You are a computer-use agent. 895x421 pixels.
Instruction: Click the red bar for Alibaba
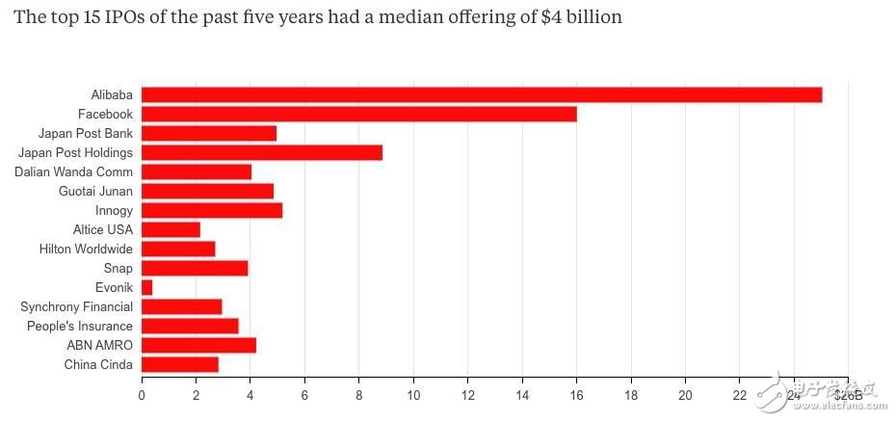482,94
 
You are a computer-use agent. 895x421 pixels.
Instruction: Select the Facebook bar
359,114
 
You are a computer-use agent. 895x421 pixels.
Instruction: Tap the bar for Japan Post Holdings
262,152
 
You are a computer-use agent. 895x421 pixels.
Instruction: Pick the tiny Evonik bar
147,287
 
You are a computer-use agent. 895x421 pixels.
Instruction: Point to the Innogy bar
212,210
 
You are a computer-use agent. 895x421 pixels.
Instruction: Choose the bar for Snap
195,268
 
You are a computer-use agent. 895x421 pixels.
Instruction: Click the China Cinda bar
180,364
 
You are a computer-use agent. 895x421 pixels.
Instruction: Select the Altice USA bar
171,229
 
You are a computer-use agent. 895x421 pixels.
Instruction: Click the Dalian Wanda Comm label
74,171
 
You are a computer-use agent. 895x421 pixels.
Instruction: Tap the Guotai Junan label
95,191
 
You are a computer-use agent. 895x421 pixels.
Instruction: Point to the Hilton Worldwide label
87,249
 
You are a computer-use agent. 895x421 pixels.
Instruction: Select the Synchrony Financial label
77,306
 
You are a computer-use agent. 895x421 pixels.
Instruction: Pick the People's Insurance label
81,326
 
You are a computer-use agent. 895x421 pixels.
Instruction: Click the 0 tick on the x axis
142,394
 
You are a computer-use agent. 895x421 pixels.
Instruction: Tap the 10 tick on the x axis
413,394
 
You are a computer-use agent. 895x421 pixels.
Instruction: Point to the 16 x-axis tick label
577,394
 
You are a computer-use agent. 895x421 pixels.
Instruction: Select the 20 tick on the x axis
686,394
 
